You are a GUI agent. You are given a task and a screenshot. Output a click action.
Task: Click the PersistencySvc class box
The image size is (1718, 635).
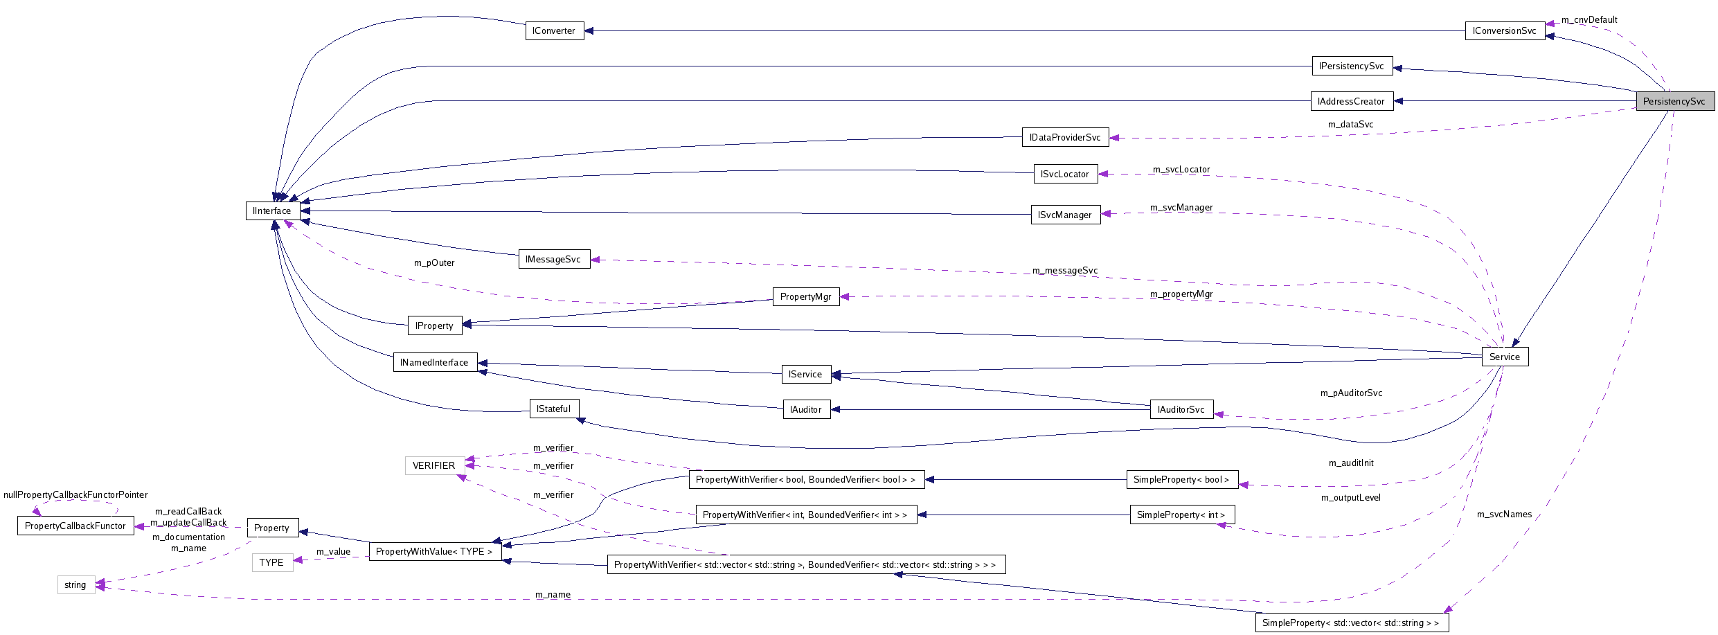click(1674, 101)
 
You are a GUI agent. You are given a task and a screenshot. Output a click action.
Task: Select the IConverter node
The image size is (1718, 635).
click(554, 31)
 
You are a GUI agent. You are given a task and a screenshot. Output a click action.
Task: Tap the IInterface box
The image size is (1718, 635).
click(272, 211)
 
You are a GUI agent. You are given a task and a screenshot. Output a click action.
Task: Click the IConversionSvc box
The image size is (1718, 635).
click(1504, 31)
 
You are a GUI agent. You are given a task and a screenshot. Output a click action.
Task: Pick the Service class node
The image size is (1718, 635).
click(1504, 357)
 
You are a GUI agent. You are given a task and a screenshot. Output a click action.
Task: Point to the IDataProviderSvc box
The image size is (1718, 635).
click(1065, 137)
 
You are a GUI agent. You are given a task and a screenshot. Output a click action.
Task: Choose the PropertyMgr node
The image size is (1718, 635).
click(805, 296)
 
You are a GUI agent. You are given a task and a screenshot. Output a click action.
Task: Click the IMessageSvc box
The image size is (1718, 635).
click(553, 259)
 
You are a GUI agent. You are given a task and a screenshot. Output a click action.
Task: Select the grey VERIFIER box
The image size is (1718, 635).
click(434, 465)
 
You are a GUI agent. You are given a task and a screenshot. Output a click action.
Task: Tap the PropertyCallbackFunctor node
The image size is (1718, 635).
click(75, 526)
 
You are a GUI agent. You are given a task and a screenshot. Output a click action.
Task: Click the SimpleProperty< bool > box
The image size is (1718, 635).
click(1181, 479)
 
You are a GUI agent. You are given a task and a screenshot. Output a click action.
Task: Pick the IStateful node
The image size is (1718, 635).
click(553, 409)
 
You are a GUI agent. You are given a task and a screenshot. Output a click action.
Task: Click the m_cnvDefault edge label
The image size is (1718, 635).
click(1589, 19)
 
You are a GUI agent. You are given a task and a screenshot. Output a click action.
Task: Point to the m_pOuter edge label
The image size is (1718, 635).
click(434, 262)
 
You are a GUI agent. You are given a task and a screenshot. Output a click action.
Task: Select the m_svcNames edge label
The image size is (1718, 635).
click(1504, 514)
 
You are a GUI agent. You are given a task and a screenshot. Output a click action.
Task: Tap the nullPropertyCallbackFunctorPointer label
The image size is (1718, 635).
click(75, 494)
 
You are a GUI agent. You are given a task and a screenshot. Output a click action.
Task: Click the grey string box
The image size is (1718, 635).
click(75, 585)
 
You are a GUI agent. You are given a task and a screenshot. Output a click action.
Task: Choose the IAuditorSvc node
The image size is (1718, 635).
click(1181, 409)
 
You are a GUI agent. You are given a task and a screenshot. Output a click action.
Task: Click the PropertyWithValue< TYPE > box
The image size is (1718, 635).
click(434, 551)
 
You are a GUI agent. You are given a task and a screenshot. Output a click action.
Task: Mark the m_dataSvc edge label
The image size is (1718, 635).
click(1350, 124)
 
